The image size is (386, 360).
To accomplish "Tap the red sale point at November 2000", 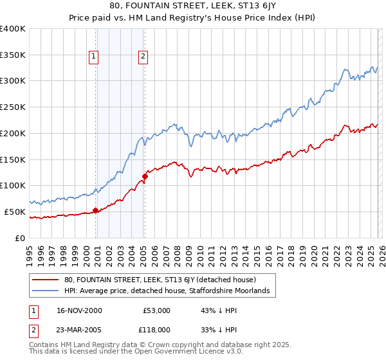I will (96, 210).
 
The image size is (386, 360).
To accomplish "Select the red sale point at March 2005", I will (145, 175).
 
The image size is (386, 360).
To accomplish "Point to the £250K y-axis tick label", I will (12, 107).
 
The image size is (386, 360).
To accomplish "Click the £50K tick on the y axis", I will (14, 212).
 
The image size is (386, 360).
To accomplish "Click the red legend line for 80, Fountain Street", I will (46, 280).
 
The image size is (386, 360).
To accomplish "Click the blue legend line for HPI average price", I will (46, 291).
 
